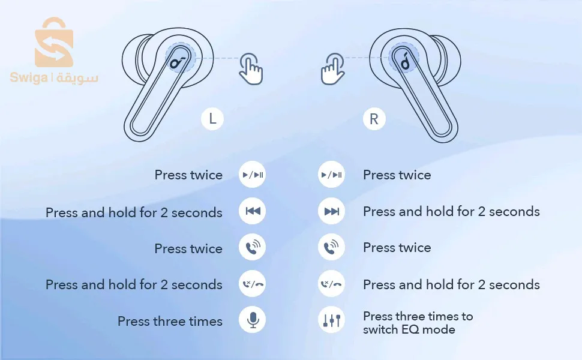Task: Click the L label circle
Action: pos(212,119)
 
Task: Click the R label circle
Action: pos(374,119)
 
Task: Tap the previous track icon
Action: pos(253,211)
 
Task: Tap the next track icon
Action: pos(331,211)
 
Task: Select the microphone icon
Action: pos(253,320)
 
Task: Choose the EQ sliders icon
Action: pos(331,320)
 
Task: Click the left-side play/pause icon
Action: pos(253,175)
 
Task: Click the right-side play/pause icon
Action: pos(331,175)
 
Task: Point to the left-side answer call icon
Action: pos(253,247)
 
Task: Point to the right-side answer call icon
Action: pos(331,247)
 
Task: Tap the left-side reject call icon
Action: pos(253,284)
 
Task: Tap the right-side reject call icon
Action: pos(331,284)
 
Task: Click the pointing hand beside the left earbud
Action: pos(251,68)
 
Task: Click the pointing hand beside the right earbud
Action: pos(332,68)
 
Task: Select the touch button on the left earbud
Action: pos(180,58)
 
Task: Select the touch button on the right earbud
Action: pos(404,58)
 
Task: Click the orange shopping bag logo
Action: pos(54,42)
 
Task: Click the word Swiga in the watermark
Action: pos(29,78)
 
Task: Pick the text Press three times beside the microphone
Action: pos(170,321)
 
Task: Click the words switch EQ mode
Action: pos(409,329)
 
